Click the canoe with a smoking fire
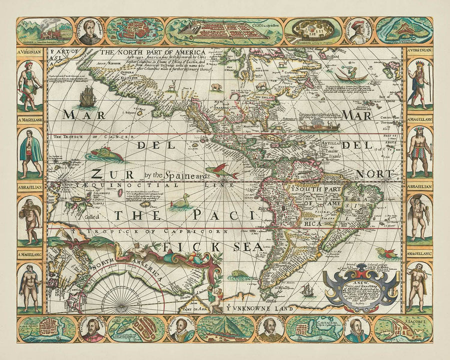pyautogui.click(x=318, y=124)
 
